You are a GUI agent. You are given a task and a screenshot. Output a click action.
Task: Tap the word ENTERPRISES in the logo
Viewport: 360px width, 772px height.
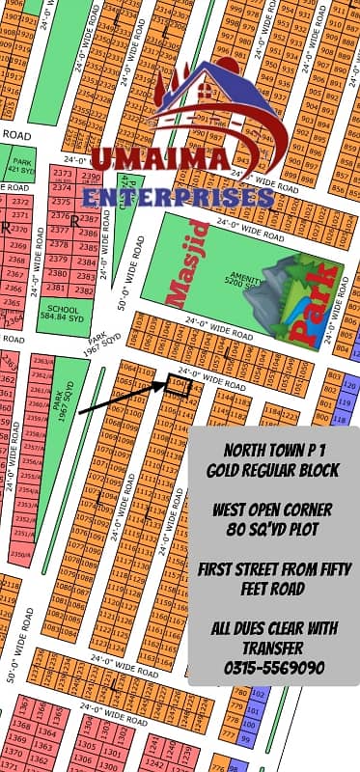[x=180, y=197]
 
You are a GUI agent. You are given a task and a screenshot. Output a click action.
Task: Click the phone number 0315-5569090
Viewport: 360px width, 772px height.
[x=273, y=667]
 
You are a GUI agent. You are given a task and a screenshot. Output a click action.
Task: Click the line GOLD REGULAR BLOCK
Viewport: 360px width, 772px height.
[x=273, y=469]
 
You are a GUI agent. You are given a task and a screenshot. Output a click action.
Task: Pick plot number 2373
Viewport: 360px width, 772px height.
[x=64, y=175]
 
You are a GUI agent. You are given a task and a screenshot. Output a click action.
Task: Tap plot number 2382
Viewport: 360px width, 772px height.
[x=84, y=289]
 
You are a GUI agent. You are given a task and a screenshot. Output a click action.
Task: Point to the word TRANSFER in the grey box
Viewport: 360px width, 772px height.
[x=273, y=648]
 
